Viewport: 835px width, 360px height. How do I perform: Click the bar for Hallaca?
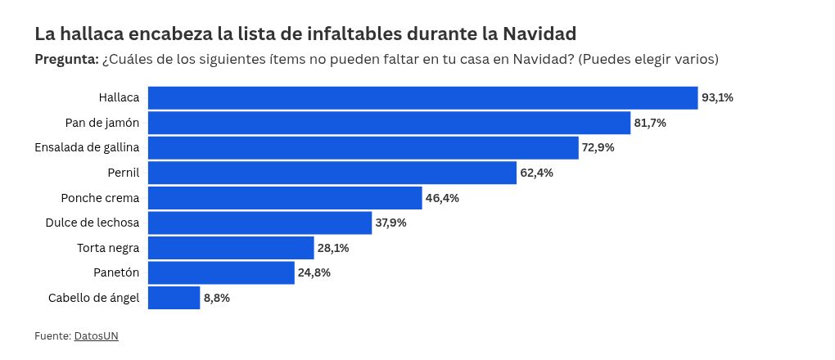(423, 98)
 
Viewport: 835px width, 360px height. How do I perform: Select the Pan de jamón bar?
(390, 123)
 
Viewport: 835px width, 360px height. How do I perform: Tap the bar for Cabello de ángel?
(174, 298)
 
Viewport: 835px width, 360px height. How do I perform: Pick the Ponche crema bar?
(285, 198)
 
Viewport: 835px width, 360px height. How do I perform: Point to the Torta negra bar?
(231, 248)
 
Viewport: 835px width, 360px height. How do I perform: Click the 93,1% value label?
(717, 98)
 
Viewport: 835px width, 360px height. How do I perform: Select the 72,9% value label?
(598, 147)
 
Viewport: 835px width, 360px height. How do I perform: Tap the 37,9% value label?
(390, 223)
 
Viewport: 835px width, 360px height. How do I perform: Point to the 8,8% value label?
(217, 298)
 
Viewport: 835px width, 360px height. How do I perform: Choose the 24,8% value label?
(314, 272)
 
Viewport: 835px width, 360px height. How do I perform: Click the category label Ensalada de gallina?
(87, 148)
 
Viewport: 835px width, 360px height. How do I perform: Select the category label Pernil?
(124, 173)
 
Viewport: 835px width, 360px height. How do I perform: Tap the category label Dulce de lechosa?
(93, 223)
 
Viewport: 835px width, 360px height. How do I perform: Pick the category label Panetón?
(115, 272)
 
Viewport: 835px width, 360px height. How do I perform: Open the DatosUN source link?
(97, 336)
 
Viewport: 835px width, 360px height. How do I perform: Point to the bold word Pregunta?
(66, 60)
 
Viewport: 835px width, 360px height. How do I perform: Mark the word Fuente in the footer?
(52, 336)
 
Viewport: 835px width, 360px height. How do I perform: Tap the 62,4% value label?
(536, 173)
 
